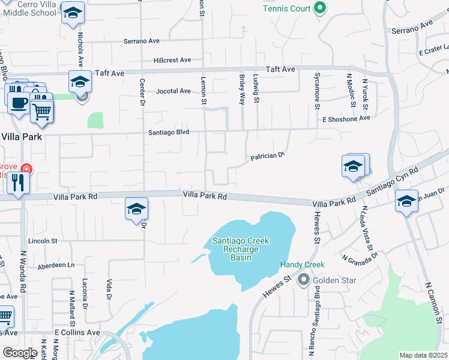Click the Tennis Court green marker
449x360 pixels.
pos(320,8)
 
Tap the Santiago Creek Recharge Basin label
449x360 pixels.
pos(241,249)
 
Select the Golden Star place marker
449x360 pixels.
pos(304,280)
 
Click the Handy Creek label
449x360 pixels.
pos(302,265)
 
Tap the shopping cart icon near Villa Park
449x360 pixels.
pos(41,112)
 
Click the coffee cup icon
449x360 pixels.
pos(18,101)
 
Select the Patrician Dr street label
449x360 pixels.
pos(267,157)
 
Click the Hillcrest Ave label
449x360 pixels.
pos(172,60)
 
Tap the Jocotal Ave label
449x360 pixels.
pos(173,91)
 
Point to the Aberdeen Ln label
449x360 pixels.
pos(56,265)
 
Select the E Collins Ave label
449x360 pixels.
pos(77,332)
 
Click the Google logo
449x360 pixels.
pos(20,353)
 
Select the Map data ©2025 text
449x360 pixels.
pos(423,355)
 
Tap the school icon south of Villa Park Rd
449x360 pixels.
pos(136,210)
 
